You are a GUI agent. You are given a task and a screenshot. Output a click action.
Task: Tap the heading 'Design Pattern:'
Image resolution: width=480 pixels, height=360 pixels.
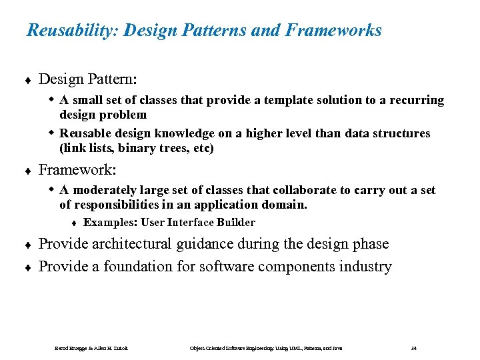coord(88,79)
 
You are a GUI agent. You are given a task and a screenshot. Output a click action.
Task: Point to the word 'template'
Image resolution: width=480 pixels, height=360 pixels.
coord(291,100)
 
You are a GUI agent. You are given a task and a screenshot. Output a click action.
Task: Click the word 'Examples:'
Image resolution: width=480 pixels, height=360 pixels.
coord(106,223)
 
